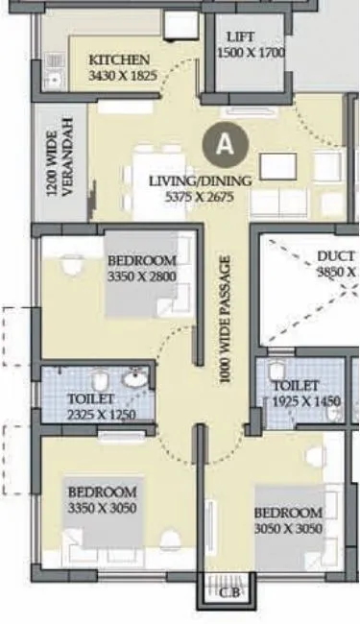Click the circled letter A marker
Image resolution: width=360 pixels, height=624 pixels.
click(226, 145)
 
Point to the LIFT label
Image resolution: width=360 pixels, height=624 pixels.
click(240, 37)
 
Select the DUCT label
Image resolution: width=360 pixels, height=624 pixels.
click(336, 257)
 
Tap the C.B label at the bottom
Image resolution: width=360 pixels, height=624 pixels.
click(228, 592)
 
